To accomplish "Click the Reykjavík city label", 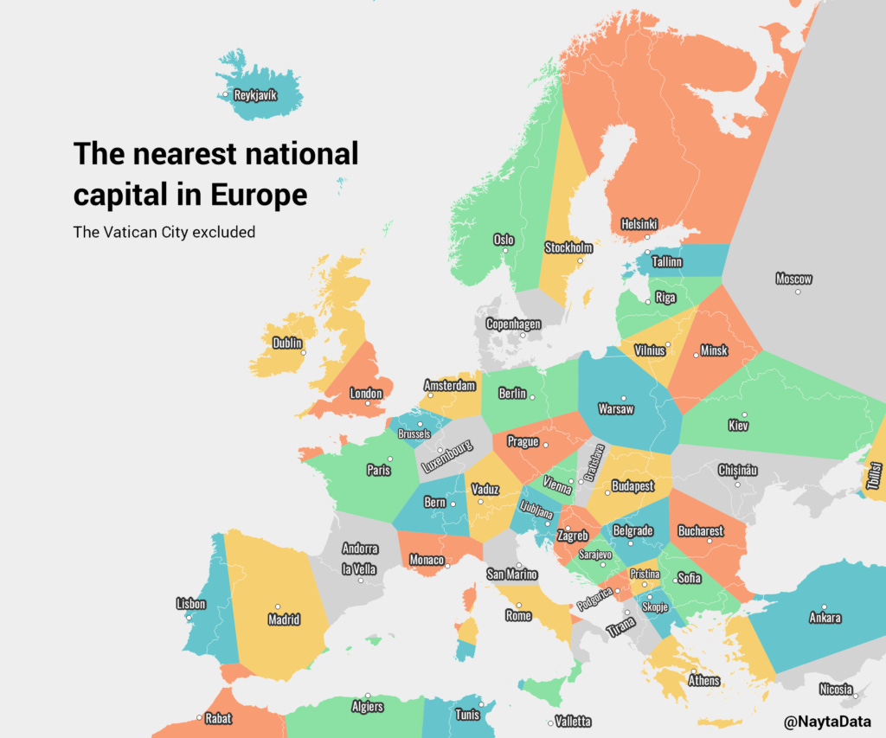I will coord(255,95).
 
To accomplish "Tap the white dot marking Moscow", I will coord(798,292).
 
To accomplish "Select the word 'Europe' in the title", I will coord(259,195).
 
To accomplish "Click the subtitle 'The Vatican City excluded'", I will coord(164,232).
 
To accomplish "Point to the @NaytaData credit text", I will coord(827,721).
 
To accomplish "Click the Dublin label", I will coord(287,343).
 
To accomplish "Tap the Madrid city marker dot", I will coord(278,606).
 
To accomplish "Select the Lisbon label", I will coord(190,604).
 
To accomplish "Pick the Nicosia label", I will coord(836,690).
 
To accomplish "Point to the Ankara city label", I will coord(824,618).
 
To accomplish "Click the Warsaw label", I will coord(616,409).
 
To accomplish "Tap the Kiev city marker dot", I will coord(744,414).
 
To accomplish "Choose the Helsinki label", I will coord(639,224).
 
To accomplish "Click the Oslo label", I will coord(504,240).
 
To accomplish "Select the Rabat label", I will coord(218,718).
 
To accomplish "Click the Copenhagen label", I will coord(513,324).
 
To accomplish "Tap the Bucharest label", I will coord(700,530).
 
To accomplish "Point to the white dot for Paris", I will coord(390,459).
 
